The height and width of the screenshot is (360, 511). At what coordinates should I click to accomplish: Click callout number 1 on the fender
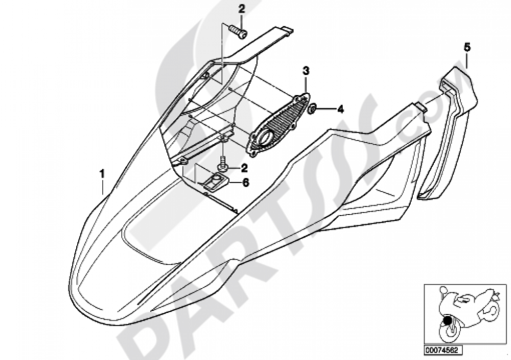click(x=102, y=174)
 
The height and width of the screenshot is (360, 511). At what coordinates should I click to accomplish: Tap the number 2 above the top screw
click(x=242, y=9)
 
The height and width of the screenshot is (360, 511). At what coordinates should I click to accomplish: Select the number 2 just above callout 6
click(x=244, y=169)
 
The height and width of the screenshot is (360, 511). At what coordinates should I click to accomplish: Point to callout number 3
click(x=306, y=70)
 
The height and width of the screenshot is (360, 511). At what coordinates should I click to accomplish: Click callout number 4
click(x=340, y=110)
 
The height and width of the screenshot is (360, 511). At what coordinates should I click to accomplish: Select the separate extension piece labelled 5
click(x=447, y=134)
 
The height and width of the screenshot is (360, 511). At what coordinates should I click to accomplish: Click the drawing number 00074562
click(x=442, y=350)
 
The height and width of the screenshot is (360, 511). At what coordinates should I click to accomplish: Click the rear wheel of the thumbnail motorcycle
click(x=491, y=311)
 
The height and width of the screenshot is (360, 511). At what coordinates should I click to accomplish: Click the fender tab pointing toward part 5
click(x=421, y=107)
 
